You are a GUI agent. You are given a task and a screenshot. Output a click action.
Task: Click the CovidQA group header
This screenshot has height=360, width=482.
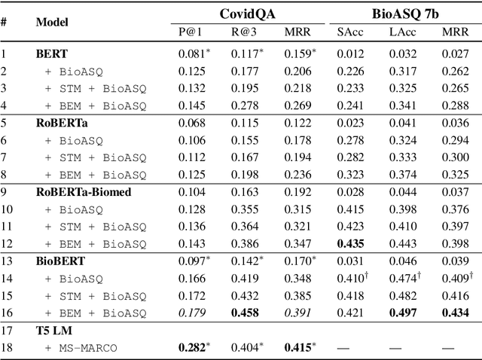246,14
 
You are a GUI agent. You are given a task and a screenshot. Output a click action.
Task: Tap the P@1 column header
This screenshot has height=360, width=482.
191,32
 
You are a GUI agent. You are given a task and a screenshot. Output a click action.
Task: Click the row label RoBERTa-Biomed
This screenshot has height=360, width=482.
84,191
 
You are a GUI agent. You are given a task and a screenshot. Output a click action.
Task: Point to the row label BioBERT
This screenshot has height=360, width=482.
61,260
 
